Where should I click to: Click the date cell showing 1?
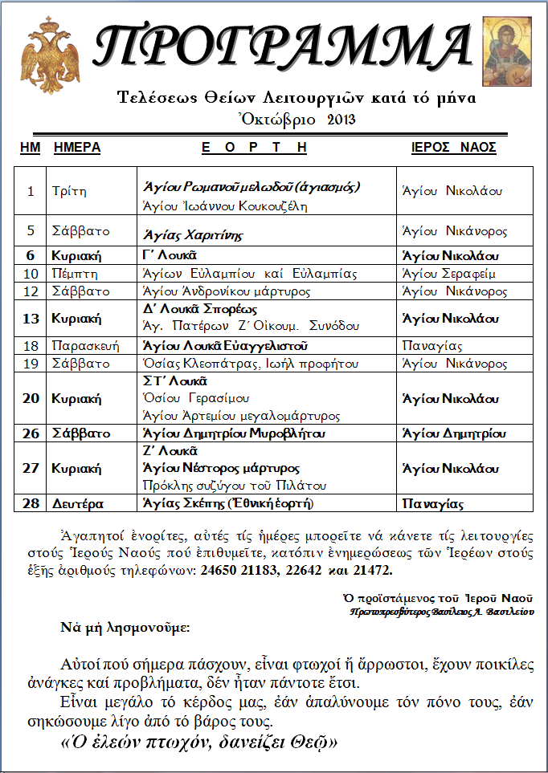[31, 191]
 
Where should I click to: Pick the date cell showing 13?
[31, 318]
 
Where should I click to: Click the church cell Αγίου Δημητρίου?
[453, 433]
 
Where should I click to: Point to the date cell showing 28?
[31, 503]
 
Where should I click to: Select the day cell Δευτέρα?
[78, 503]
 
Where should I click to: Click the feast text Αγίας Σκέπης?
[227, 503]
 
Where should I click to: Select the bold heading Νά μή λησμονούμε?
[125, 626]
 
